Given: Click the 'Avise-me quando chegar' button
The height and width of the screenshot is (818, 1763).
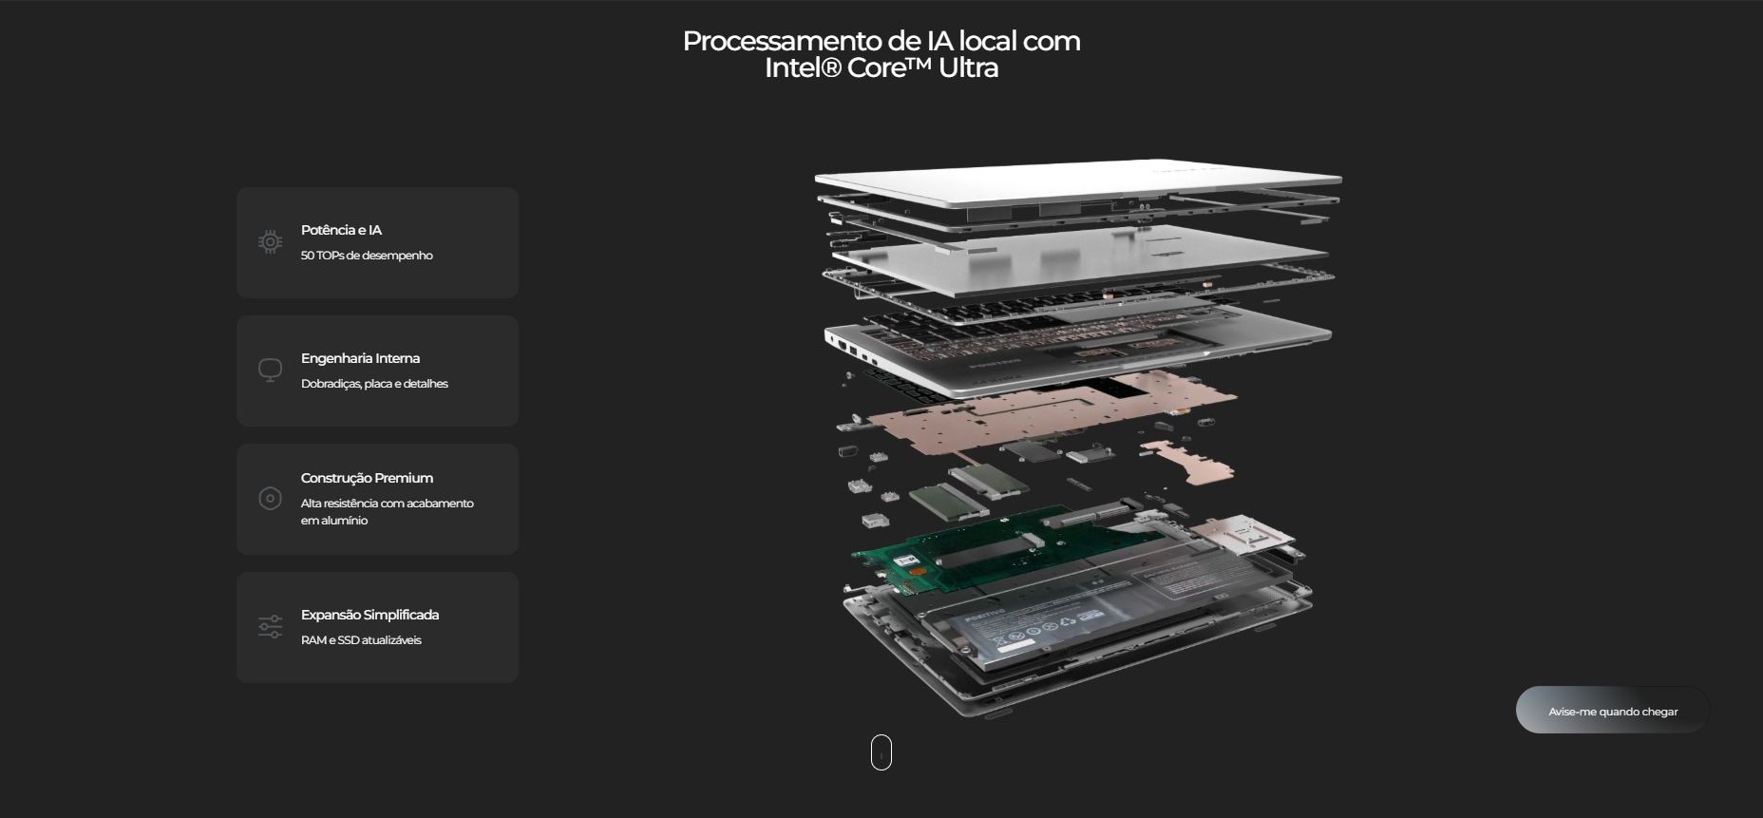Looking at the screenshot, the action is [1612, 711].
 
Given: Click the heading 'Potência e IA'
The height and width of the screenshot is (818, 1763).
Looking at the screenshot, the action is [341, 230].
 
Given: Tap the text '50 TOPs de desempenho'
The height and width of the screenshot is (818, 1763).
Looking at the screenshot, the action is [367, 256].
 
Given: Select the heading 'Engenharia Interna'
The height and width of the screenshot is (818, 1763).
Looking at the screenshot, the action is [360, 358].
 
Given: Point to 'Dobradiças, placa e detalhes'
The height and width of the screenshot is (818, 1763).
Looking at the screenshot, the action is [374, 384].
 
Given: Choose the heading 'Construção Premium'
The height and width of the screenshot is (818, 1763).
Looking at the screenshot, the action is [367, 478].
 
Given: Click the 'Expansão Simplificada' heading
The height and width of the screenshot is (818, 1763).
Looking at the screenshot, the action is [370, 615].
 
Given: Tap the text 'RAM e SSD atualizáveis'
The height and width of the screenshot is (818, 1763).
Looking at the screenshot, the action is [361, 640].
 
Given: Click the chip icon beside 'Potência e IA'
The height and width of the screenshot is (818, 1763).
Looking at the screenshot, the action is [270, 242].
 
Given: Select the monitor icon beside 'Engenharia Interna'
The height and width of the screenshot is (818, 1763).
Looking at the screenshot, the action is [270, 370].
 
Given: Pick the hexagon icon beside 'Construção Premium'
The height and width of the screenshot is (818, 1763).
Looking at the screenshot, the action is [270, 498].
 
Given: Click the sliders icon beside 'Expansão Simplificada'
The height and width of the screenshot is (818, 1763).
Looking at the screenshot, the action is [270, 626].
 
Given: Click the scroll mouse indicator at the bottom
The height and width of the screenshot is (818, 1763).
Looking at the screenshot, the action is [881, 752].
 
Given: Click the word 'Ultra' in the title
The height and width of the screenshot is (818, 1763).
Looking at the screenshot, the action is [968, 67].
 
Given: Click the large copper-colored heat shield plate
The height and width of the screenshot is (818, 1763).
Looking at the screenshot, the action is [1035, 409].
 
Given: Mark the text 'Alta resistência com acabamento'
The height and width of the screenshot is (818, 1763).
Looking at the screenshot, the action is [388, 504].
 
